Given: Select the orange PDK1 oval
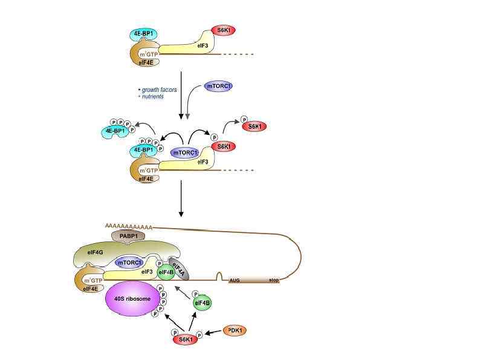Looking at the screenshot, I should coord(236,330).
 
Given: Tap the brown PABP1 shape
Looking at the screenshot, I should coord(126,235).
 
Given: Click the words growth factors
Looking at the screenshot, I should coord(160,90).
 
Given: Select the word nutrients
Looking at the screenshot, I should coord(152,97).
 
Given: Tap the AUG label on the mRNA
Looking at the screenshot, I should coord(235,281).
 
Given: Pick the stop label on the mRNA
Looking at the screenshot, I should coord(274,281).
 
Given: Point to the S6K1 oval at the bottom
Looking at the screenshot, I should coord(186,340).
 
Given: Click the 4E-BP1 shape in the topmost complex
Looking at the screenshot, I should coord(143,34).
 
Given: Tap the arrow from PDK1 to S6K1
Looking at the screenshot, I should coord(213,333).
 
